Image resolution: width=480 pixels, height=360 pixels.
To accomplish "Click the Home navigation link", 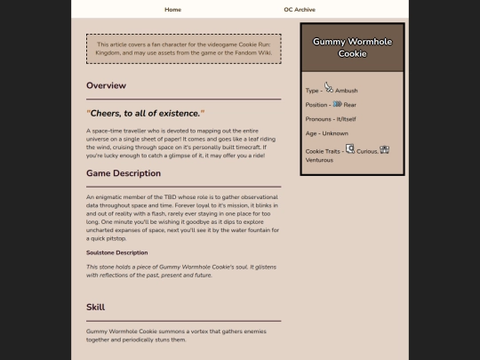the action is pyautogui.click(x=172, y=10).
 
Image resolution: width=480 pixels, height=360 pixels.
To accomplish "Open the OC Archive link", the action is pyautogui.click(x=300, y=10).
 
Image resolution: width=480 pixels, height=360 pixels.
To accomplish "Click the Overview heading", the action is pyautogui.click(x=106, y=85).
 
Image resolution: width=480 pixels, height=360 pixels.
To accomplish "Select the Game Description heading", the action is pyautogui.click(x=124, y=173).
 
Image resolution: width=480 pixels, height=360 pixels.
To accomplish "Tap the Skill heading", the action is pyautogui.click(x=95, y=307).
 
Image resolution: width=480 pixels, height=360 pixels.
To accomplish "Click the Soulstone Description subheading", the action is pyautogui.click(x=116, y=252).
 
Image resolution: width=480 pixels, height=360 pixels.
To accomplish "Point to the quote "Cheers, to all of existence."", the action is pyautogui.click(x=146, y=113).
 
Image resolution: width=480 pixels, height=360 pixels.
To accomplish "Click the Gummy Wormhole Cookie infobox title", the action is pyautogui.click(x=352, y=47).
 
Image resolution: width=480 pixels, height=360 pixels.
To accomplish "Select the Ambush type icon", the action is pyautogui.click(x=329, y=87).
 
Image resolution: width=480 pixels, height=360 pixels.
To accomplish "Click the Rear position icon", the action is pyautogui.click(x=338, y=104).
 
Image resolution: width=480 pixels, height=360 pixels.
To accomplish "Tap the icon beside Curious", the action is pyautogui.click(x=350, y=148).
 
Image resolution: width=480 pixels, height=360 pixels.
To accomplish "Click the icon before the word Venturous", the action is pyautogui.click(x=385, y=150).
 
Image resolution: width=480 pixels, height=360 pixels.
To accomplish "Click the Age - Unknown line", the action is pyautogui.click(x=327, y=133).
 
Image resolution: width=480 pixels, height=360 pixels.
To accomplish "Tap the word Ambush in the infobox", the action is pyautogui.click(x=347, y=91).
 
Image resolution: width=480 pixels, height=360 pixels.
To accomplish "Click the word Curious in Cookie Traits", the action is pyautogui.click(x=367, y=152).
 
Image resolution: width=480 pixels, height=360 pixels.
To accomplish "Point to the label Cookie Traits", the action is pyautogui.click(x=323, y=152).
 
